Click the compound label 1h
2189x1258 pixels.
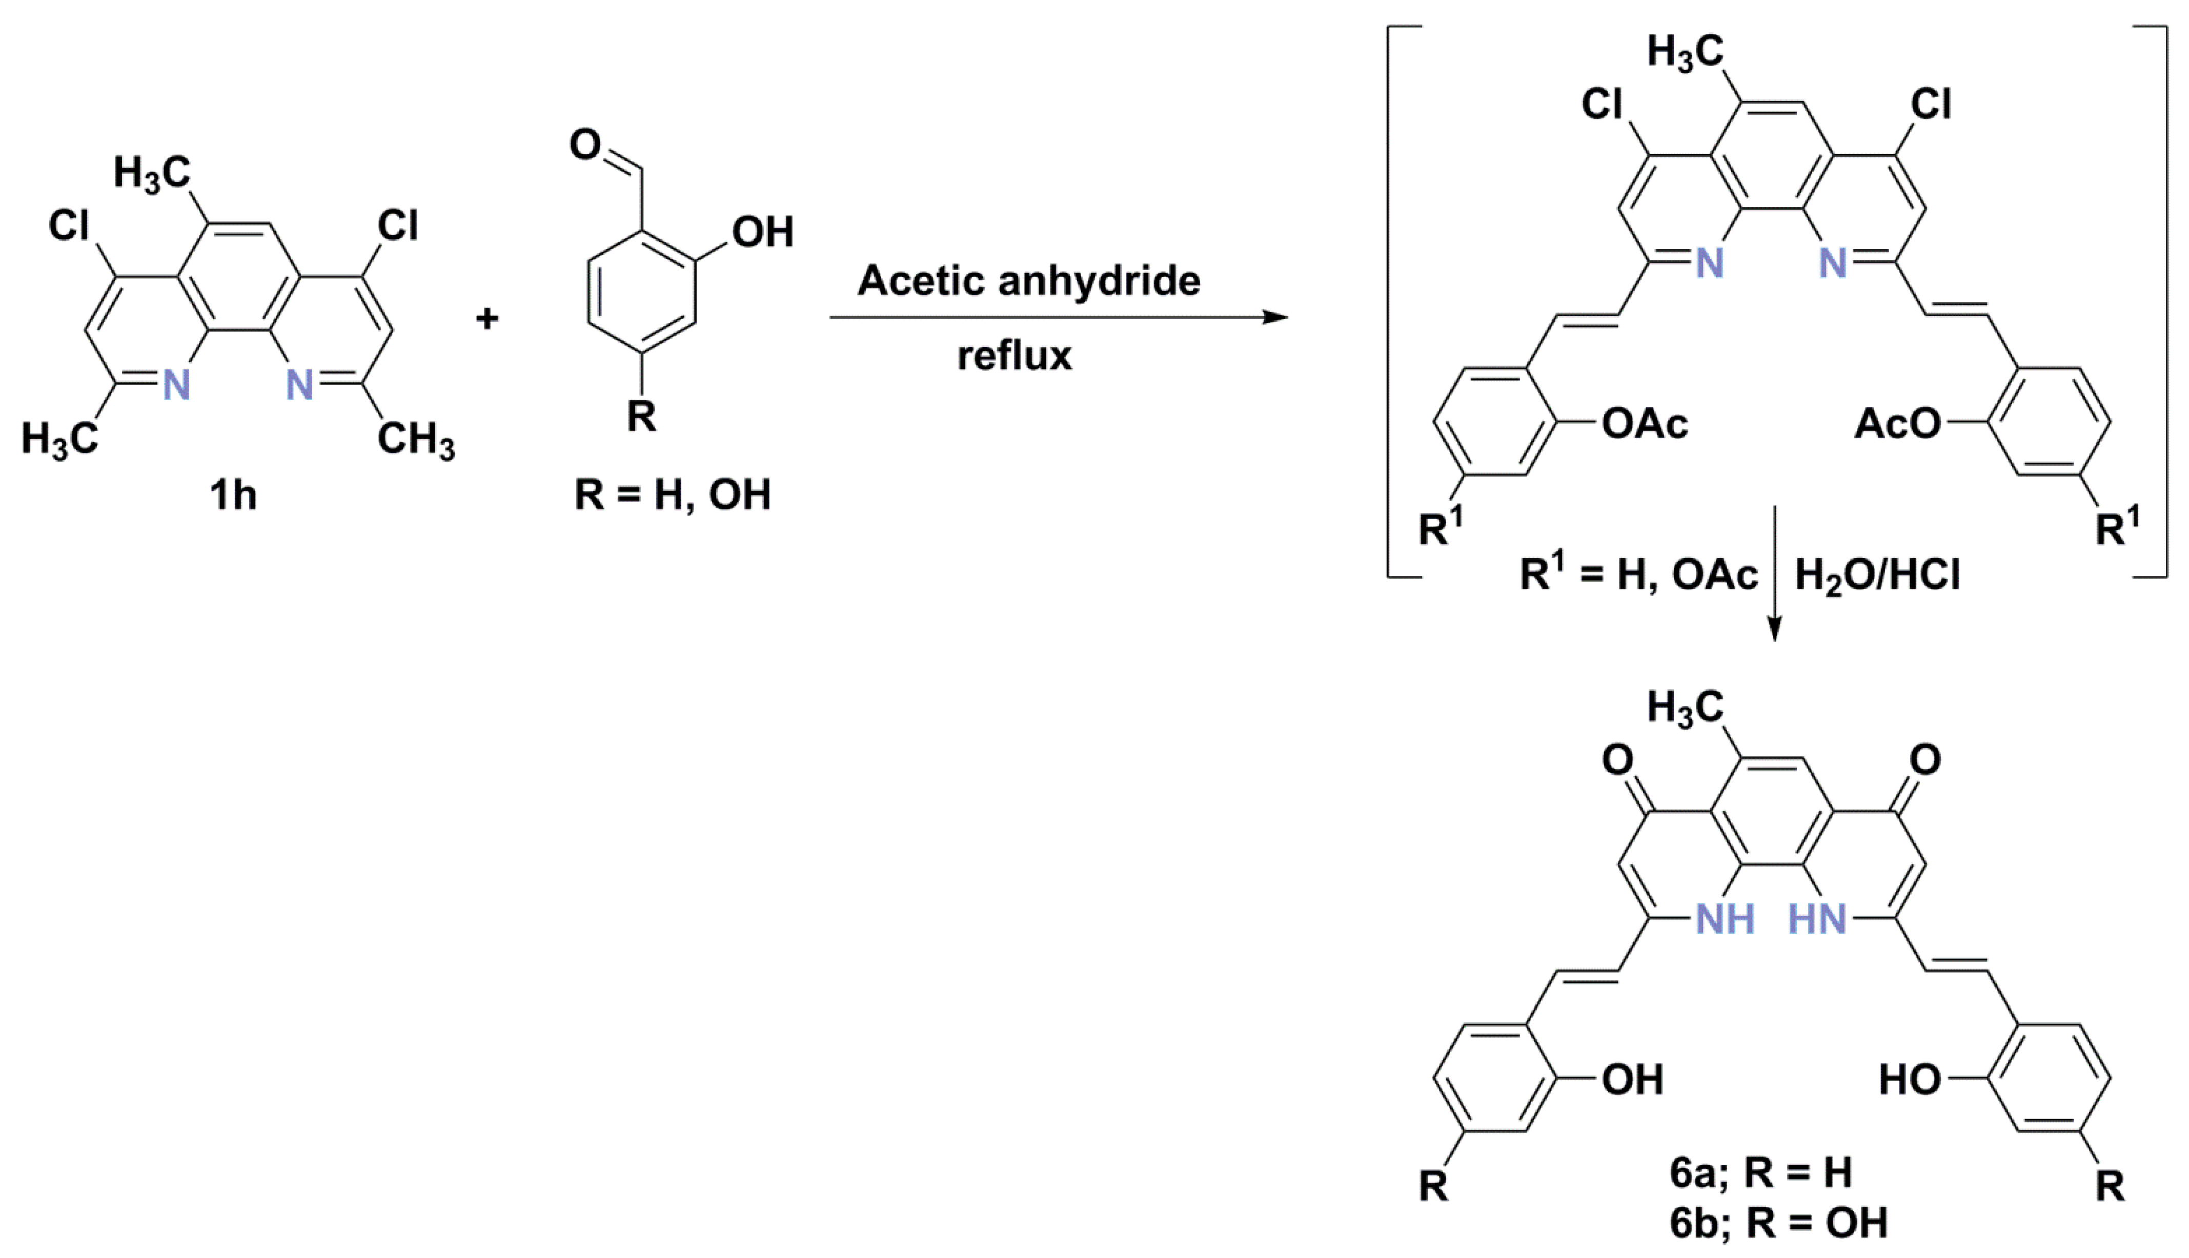(x=233, y=495)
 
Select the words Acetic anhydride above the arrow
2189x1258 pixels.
(x=1028, y=281)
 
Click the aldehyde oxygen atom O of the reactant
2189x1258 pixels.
(x=585, y=145)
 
